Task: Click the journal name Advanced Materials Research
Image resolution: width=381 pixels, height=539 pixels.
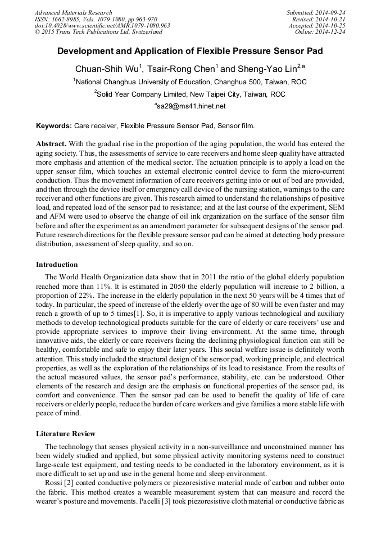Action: (73, 12)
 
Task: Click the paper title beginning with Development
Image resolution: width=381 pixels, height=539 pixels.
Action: (190, 51)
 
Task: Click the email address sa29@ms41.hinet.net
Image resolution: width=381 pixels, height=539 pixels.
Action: (191, 106)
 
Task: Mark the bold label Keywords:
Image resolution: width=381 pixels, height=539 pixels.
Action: (53, 126)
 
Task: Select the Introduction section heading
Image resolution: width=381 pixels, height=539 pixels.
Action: (57, 264)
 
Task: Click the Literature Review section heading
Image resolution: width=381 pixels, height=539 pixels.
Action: (66, 434)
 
